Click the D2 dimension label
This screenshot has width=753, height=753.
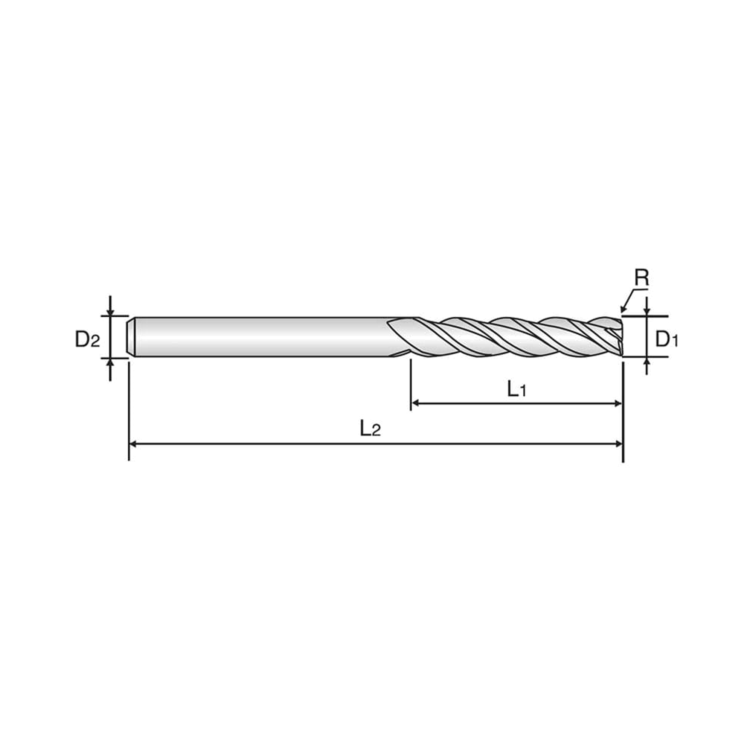(87, 340)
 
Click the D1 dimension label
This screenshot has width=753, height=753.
(667, 340)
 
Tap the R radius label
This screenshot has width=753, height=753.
(642, 277)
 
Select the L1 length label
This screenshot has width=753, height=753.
(517, 389)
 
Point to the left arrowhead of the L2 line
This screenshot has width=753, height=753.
(133, 444)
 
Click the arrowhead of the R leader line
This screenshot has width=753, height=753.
(623, 309)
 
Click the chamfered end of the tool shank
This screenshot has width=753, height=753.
(132, 337)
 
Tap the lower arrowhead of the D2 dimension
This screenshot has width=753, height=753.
(110, 362)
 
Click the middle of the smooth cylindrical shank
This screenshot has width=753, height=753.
(261, 337)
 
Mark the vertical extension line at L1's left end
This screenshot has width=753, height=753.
(411, 385)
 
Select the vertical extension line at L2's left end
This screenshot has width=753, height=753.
(129, 410)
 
